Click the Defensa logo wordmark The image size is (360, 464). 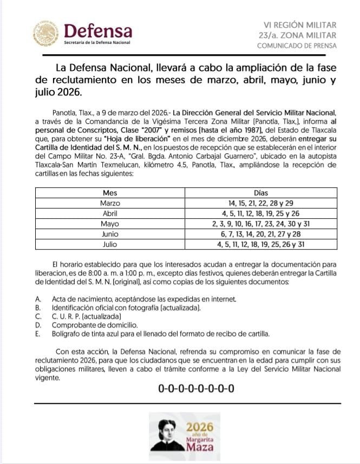tap(97, 30)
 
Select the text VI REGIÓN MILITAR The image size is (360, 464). tap(299, 25)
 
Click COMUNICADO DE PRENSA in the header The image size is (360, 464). tap(296, 45)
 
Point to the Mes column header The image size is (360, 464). tap(110, 193)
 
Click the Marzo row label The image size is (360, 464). tap(110, 203)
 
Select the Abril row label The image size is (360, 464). tap(110, 213)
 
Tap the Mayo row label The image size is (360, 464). tap(110, 224)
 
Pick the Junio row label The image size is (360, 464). tap(110, 234)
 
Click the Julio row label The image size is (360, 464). tap(110, 244)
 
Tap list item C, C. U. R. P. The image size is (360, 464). tap(87, 316)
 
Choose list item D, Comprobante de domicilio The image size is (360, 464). tap(95, 325)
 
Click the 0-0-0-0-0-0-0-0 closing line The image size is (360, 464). tap(197, 388)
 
